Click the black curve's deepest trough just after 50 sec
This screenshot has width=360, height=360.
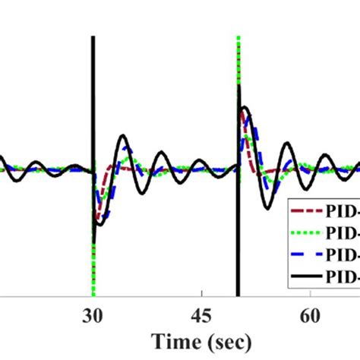coord(267,207)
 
